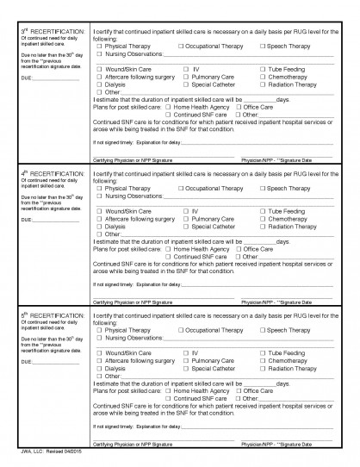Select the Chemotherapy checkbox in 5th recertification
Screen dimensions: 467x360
click(261, 360)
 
